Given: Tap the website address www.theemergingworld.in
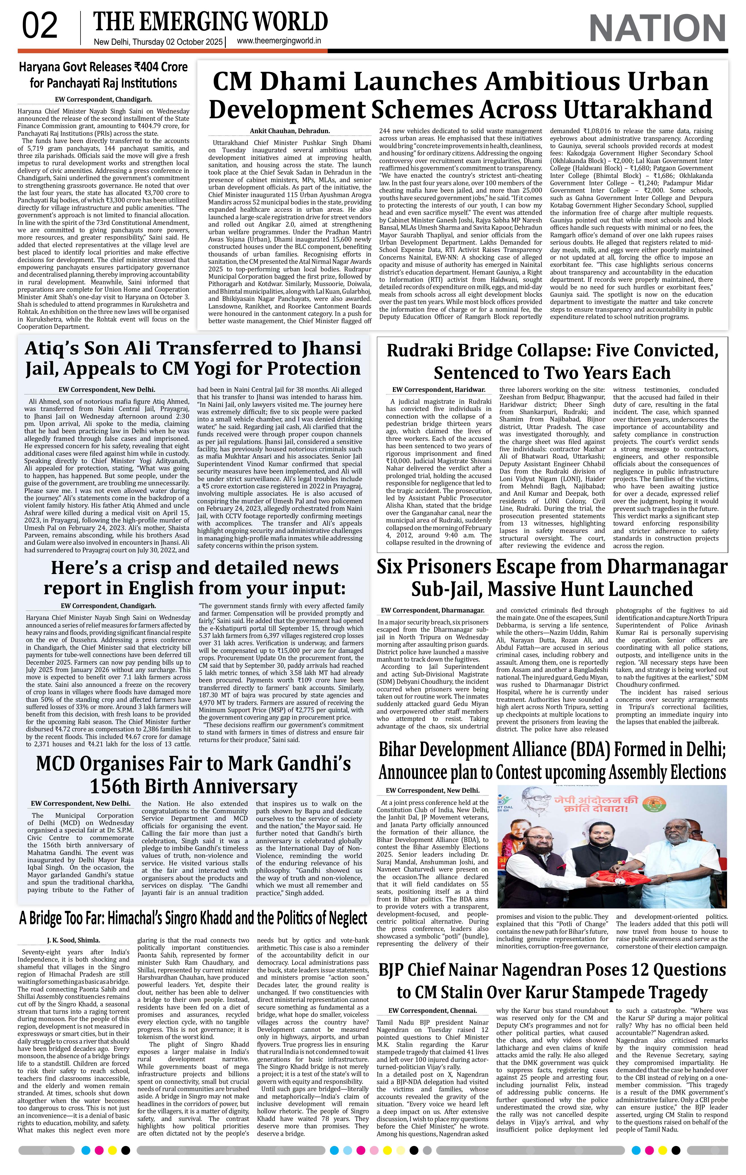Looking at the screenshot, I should pyautogui.click(x=279, y=41).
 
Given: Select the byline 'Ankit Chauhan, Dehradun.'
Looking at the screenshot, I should pyautogui.click(x=290, y=131).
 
